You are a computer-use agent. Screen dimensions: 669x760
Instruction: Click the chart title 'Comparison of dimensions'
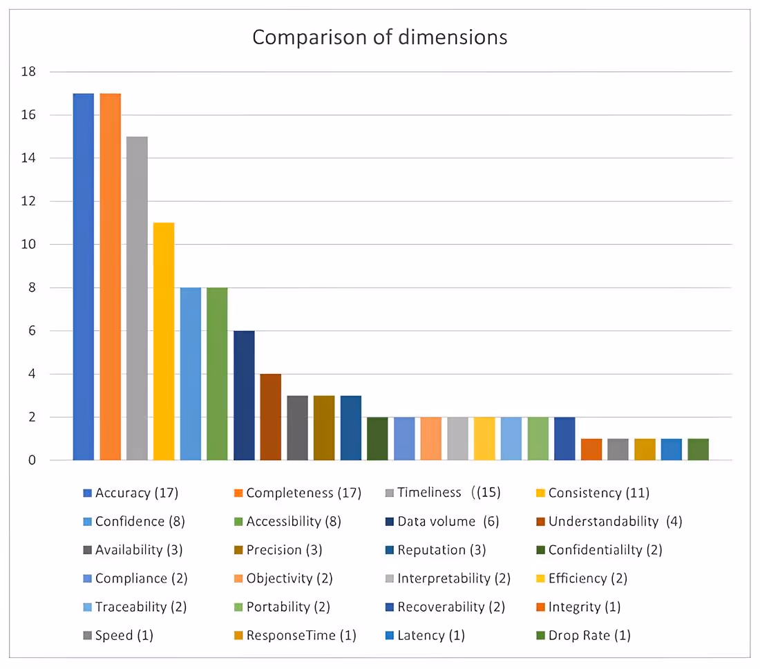tap(379, 37)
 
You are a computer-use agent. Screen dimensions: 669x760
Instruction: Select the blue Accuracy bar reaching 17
tap(84, 276)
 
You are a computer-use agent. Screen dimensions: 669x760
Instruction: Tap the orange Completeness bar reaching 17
tap(111, 276)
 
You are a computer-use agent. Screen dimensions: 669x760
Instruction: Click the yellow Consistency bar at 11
tap(164, 341)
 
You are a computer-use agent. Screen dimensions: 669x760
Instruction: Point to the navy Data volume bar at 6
tap(244, 395)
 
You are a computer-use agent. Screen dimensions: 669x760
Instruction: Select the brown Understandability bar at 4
tap(271, 417)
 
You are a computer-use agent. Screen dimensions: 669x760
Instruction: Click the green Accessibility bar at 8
tap(217, 374)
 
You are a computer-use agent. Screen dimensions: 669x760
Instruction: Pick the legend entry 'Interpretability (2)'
tap(453, 578)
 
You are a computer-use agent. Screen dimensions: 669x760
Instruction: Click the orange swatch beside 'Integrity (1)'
tap(541, 607)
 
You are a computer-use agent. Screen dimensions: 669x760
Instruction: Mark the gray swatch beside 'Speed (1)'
tap(87, 636)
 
